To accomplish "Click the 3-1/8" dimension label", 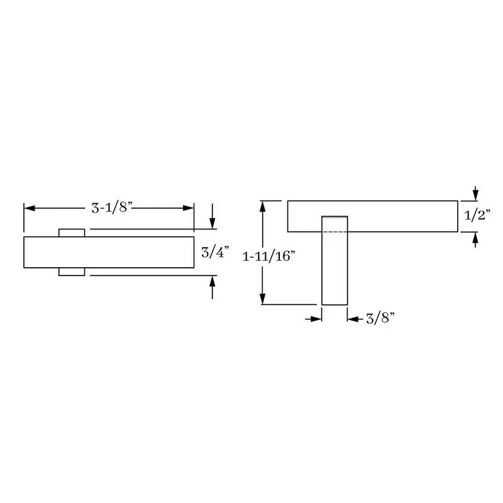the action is pos(112,208).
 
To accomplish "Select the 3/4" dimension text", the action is pos(215,252).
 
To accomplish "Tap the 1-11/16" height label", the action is pos(268,256).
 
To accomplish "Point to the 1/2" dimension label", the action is pos(478,215).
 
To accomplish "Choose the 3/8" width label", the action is pos(380,318).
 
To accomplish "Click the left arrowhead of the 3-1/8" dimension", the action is pos(30,208).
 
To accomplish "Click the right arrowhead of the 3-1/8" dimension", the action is pos(188,208).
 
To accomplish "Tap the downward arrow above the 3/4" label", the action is pos(213,216).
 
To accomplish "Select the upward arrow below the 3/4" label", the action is pos(213,287).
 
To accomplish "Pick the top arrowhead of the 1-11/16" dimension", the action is pos(263,206).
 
